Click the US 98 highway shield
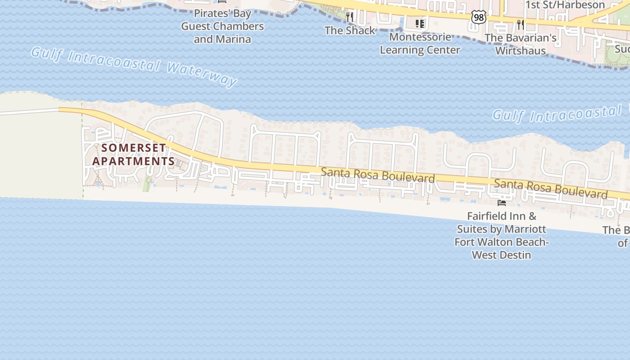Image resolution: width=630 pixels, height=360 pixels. [479, 17]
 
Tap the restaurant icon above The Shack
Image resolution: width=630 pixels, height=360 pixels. [350, 17]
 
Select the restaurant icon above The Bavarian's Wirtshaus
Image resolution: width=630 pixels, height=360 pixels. [521, 24]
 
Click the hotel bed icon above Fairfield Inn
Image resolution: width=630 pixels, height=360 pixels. [501, 202]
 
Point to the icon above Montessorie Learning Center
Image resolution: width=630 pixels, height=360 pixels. [420, 23]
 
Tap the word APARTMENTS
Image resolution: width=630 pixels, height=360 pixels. [134, 161]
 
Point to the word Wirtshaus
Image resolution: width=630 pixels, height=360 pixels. [521, 50]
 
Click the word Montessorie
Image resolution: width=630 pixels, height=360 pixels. [420, 37]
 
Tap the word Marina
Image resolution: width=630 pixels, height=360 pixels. [234, 39]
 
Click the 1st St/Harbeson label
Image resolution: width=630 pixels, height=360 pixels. [566, 5]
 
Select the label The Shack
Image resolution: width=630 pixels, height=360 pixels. [350, 31]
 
